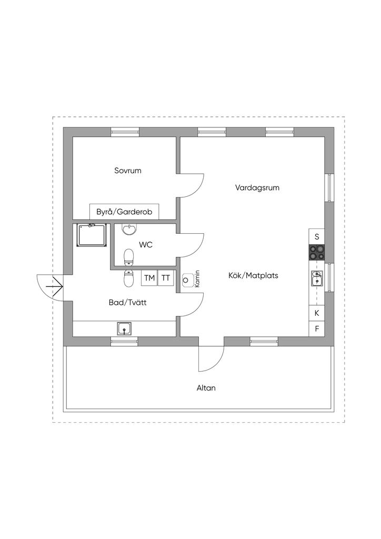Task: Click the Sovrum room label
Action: [x=128, y=171]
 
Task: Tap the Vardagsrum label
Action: [x=257, y=188]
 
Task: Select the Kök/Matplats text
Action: [x=253, y=275]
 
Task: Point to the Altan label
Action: [x=206, y=388]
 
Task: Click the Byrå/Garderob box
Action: [x=124, y=212]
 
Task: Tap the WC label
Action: [x=146, y=245]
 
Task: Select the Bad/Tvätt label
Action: [x=128, y=303]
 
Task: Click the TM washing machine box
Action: [x=149, y=278]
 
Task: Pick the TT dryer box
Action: [x=166, y=278]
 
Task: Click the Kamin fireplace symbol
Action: [x=186, y=280]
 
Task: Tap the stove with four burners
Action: [x=317, y=252]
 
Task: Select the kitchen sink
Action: [x=317, y=278]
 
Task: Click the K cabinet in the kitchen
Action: [x=317, y=313]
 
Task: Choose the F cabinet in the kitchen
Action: [x=317, y=329]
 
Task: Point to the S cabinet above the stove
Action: [x=317, y=236]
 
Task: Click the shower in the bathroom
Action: [x=92, y=235]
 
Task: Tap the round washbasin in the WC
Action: [x=129, y=229]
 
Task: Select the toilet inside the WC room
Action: [x=128, y=257]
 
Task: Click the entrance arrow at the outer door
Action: [x=56, y=286]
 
